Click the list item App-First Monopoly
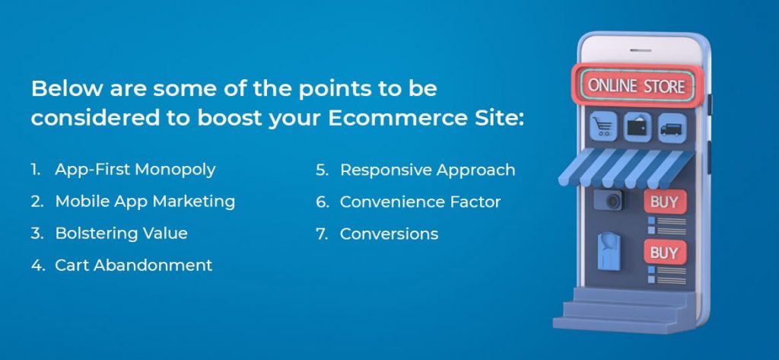(135, 170)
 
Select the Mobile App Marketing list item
(145, 202)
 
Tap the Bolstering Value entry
(121, 233)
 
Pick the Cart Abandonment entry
(134, 265)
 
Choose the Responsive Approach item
(428, 170)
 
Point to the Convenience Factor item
(420, 202)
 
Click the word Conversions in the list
(389, 234)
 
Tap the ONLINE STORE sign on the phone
(637, 86)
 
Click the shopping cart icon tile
(603, 126)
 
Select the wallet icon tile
(638, 127)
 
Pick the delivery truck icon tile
(672, 128)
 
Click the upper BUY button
(665, 202)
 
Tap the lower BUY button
(665, 253)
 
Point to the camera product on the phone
(609, 200)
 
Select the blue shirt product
(609, 251)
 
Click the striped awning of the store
(626, 167)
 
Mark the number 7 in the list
(322, 234)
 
